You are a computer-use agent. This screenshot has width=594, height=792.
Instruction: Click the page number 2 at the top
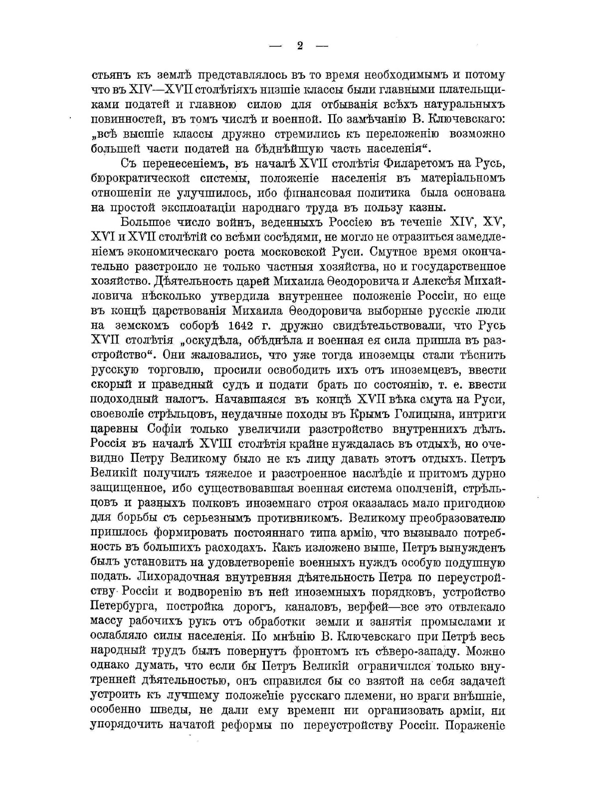click(300, 46)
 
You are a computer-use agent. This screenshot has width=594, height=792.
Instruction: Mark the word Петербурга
click(124, 607)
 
